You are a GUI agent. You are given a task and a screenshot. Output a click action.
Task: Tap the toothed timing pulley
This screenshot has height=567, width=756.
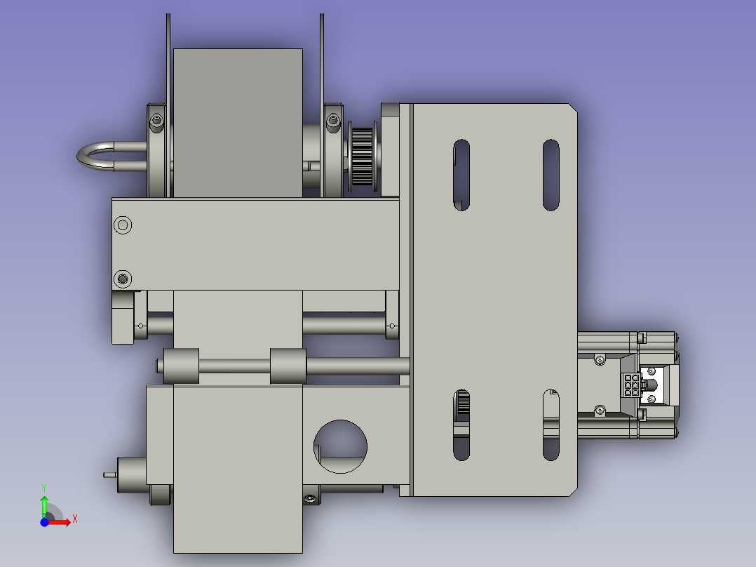click(x=362, y=156)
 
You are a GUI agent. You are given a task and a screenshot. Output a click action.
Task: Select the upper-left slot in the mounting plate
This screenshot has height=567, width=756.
click(x=461, y=175)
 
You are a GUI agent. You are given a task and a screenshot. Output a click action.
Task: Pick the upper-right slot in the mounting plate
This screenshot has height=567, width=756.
click(x=551, y=175)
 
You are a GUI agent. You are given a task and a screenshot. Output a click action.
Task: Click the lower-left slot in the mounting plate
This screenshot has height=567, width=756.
click(x=461, y=425)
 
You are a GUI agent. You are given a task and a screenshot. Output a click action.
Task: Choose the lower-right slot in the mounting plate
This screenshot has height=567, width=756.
click(x=551, y=425)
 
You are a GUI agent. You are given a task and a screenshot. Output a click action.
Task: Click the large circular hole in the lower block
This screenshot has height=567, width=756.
click(x=340, y=446)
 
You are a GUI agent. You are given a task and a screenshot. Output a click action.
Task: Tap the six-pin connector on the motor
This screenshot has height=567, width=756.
click(x=632, y=385)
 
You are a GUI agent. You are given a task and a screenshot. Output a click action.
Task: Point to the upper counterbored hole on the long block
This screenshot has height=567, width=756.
click(x=123, y=225)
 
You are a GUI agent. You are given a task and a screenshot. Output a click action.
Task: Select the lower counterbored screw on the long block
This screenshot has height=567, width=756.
click(x=123, y=279)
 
